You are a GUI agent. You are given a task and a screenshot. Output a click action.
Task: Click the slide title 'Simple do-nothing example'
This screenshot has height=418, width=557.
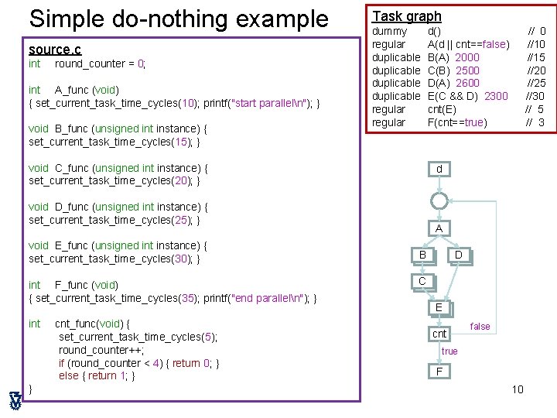point(178,19)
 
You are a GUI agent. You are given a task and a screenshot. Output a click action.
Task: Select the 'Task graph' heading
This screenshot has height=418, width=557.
point(407,16)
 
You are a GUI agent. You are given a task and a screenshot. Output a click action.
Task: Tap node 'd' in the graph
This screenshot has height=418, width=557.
point(439,169)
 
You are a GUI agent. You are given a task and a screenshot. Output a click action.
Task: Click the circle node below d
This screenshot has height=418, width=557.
point(439,200)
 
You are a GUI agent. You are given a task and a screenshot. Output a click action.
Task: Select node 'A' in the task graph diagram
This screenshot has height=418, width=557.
point(439,228)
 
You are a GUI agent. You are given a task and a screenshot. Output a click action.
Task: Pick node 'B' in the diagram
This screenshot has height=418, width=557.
point(422,255)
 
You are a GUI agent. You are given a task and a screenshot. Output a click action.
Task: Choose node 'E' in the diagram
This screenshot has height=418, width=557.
point(439,307)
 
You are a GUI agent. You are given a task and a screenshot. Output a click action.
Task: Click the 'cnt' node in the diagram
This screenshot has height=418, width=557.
point(439,334)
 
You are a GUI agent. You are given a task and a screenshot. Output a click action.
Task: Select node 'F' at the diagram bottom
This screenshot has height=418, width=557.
point(439,371)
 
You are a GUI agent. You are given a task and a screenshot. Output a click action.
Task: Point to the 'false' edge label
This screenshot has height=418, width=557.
point(480,327)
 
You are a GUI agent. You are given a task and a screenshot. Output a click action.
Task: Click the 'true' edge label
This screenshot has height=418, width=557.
point(449,351)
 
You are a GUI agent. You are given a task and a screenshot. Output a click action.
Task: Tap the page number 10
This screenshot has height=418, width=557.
point(518,389)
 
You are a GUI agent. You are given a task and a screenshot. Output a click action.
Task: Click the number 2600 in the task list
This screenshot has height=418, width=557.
point(467,83)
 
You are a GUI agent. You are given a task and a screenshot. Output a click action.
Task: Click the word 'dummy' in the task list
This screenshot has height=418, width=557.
point(389,31)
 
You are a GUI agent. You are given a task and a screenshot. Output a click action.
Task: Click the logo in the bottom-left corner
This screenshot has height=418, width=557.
point(15,400)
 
